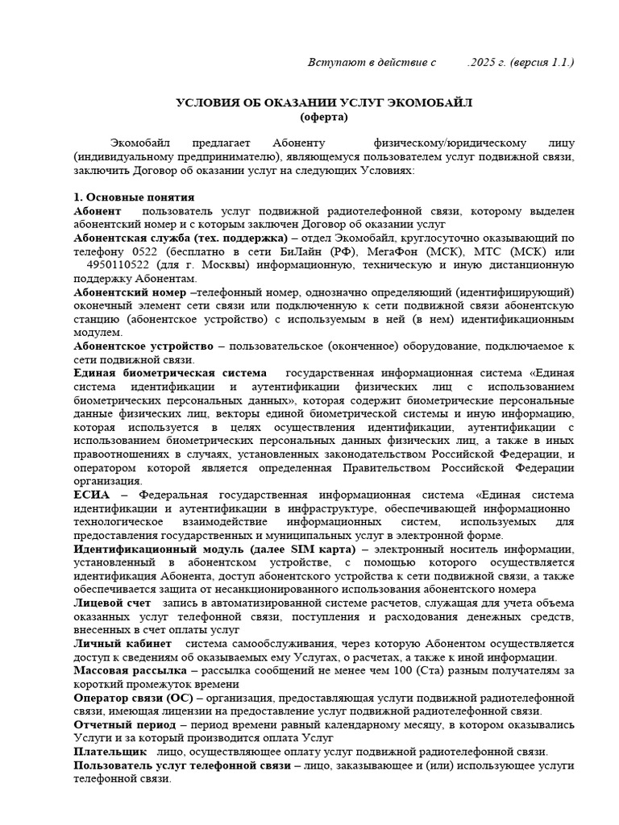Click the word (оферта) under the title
pos(324,117)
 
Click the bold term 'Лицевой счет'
pos(112,603)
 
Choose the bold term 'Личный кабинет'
pos(122,644)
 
